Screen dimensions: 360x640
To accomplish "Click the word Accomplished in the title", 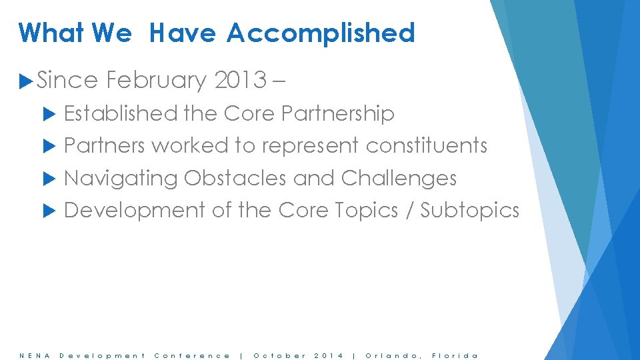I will pyautogui.click(x=320, y=33).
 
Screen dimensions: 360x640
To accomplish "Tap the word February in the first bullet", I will pyautogui.click(x=157, y=81).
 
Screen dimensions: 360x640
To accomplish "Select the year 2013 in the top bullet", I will pyautogui.click(x=240, y=81).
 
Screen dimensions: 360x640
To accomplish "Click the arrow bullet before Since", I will pyautogui.click(x=27, y=81).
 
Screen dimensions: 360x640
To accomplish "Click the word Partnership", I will pyautogui.click(x=338, y=114).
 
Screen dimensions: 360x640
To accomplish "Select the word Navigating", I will pyautogui.click(x=121, y=178).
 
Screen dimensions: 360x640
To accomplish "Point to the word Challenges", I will pyautogui.click(x=399, y=178).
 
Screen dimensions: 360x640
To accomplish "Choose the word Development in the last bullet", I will pyautogui.click(x=134, y=211).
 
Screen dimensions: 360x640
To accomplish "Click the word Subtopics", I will pyautogui.click(x=469, y=211).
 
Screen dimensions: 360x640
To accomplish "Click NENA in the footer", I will pyautogui.click(x=31, y=355).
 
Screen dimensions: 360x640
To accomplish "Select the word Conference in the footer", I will pyautogui.click(x=192, y=355).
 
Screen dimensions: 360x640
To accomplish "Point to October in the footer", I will pyautogui.click(x=280, y=355).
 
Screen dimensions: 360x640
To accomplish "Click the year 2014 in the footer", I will pyautogui.click(x=329, y=355).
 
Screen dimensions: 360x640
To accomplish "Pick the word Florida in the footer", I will pyautogui.click(x=455, y=355).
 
